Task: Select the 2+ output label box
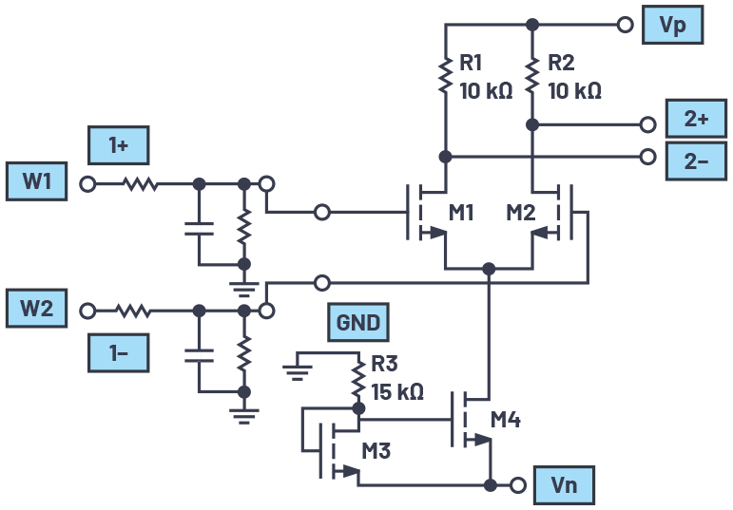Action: [x=695, y=120]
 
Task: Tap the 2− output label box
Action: [x=695, y=160]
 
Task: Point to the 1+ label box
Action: [x=119, y=146]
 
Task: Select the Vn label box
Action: [x=564, y=484]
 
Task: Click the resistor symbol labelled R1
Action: [x=444, y=76]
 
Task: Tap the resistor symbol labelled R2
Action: [x=532, y=76]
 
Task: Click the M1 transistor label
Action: [x=461, y=213]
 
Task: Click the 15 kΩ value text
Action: [x=396, y=391]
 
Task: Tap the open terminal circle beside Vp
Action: [x=625, y=25]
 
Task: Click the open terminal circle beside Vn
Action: [x=518, y=484]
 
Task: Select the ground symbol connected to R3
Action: [x=299, y=367]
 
